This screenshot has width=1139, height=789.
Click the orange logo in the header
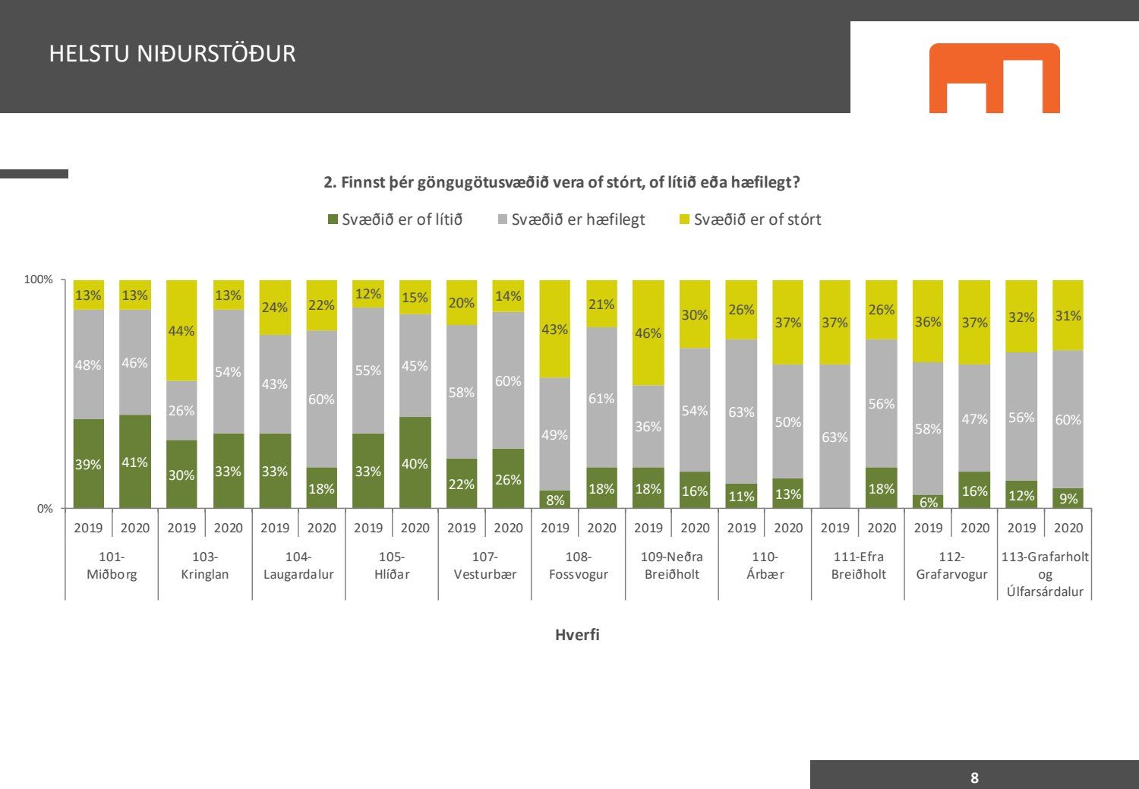click(x=994, y=77)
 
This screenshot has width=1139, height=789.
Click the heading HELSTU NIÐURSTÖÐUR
click(x=172, y=54)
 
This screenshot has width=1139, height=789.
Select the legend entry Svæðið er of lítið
click(x=395, y=219)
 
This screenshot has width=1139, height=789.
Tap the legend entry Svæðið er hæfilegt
click(x=571, y=219)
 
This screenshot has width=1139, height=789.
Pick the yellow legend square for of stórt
click(x=684, y=219)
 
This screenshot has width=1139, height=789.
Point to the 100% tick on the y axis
click(x=39, y=279)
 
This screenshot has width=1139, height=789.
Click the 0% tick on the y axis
click(x=45, y=509)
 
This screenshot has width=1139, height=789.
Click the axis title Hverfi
click(x=577, y=635)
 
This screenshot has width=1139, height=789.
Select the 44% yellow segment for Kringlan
click(x=181, y=330)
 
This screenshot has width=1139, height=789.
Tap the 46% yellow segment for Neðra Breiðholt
click(x=648, y=333)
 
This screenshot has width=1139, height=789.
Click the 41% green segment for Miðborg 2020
click(x=134, y=462)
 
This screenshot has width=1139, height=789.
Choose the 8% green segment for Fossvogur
click(x=555, y=500)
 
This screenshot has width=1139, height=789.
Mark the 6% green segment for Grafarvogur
click(x=928, y=502)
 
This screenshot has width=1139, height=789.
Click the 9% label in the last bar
click(x=1068, y=499)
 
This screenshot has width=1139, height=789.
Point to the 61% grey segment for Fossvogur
click(x=601, y=398)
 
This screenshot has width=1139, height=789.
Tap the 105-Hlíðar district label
click(x=392, y=566)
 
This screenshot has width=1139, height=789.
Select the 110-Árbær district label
click(x=765, y=566)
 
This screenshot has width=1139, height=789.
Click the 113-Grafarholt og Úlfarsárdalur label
click(x=1045, y=574)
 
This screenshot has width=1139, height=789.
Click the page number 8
click(x=974, y=778)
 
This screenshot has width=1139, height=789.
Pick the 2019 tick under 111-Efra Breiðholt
click(x=835, y=528)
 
